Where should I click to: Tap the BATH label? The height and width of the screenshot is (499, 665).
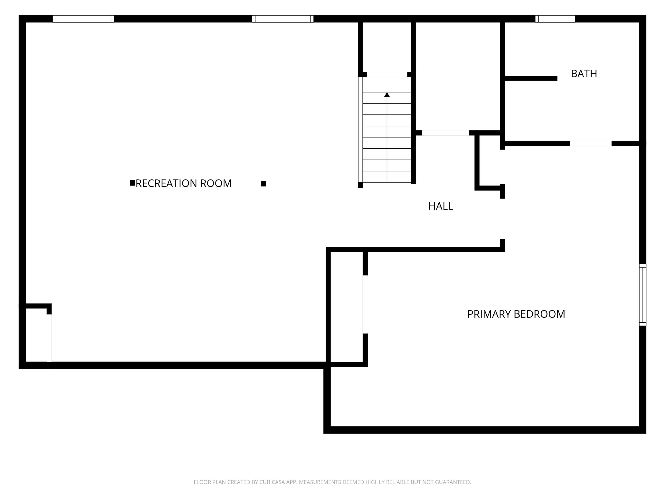(x=584, y=74)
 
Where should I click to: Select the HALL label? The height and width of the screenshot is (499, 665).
(x=441, y=206)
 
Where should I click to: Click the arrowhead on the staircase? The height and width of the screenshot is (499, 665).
(x=387, y=95)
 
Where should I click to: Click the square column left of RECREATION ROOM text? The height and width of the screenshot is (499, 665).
(x=132, y=183)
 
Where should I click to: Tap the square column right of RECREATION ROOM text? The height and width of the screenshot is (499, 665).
(x=264, y=184)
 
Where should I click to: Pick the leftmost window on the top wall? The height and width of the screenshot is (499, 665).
(x=83, y=19)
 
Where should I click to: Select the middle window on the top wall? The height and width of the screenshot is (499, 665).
(x=283, y=19)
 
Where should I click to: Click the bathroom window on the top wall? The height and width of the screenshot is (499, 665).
(x=555, y=19)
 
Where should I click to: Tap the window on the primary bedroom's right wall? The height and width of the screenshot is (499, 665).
(x=642, y=295)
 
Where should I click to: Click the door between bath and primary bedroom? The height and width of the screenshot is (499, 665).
(x=591, y=143)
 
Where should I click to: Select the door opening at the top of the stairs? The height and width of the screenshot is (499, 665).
(x=387, y=75)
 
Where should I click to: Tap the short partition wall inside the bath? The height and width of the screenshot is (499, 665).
(x=531, y=78)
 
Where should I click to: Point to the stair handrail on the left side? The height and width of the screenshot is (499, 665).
(x=360, y=130)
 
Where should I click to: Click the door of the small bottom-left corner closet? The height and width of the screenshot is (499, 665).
(x=49, y=338)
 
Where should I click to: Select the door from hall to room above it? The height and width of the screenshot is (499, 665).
(x=446, y=133)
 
